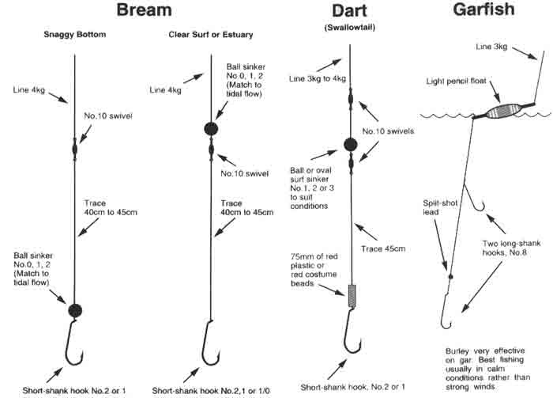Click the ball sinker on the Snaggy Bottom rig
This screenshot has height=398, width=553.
75,310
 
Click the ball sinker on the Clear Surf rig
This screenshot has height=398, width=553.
212,129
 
